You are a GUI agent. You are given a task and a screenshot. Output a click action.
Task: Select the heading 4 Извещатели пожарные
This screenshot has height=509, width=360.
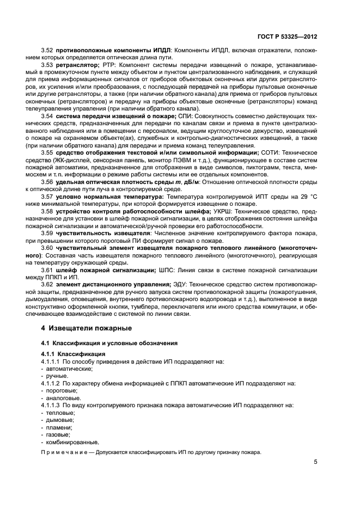tap(88, 328)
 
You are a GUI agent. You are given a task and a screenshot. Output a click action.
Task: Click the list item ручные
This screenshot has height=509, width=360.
tap(57, 376)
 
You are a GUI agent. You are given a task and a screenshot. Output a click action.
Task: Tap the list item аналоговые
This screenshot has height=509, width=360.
tap(61, 398)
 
